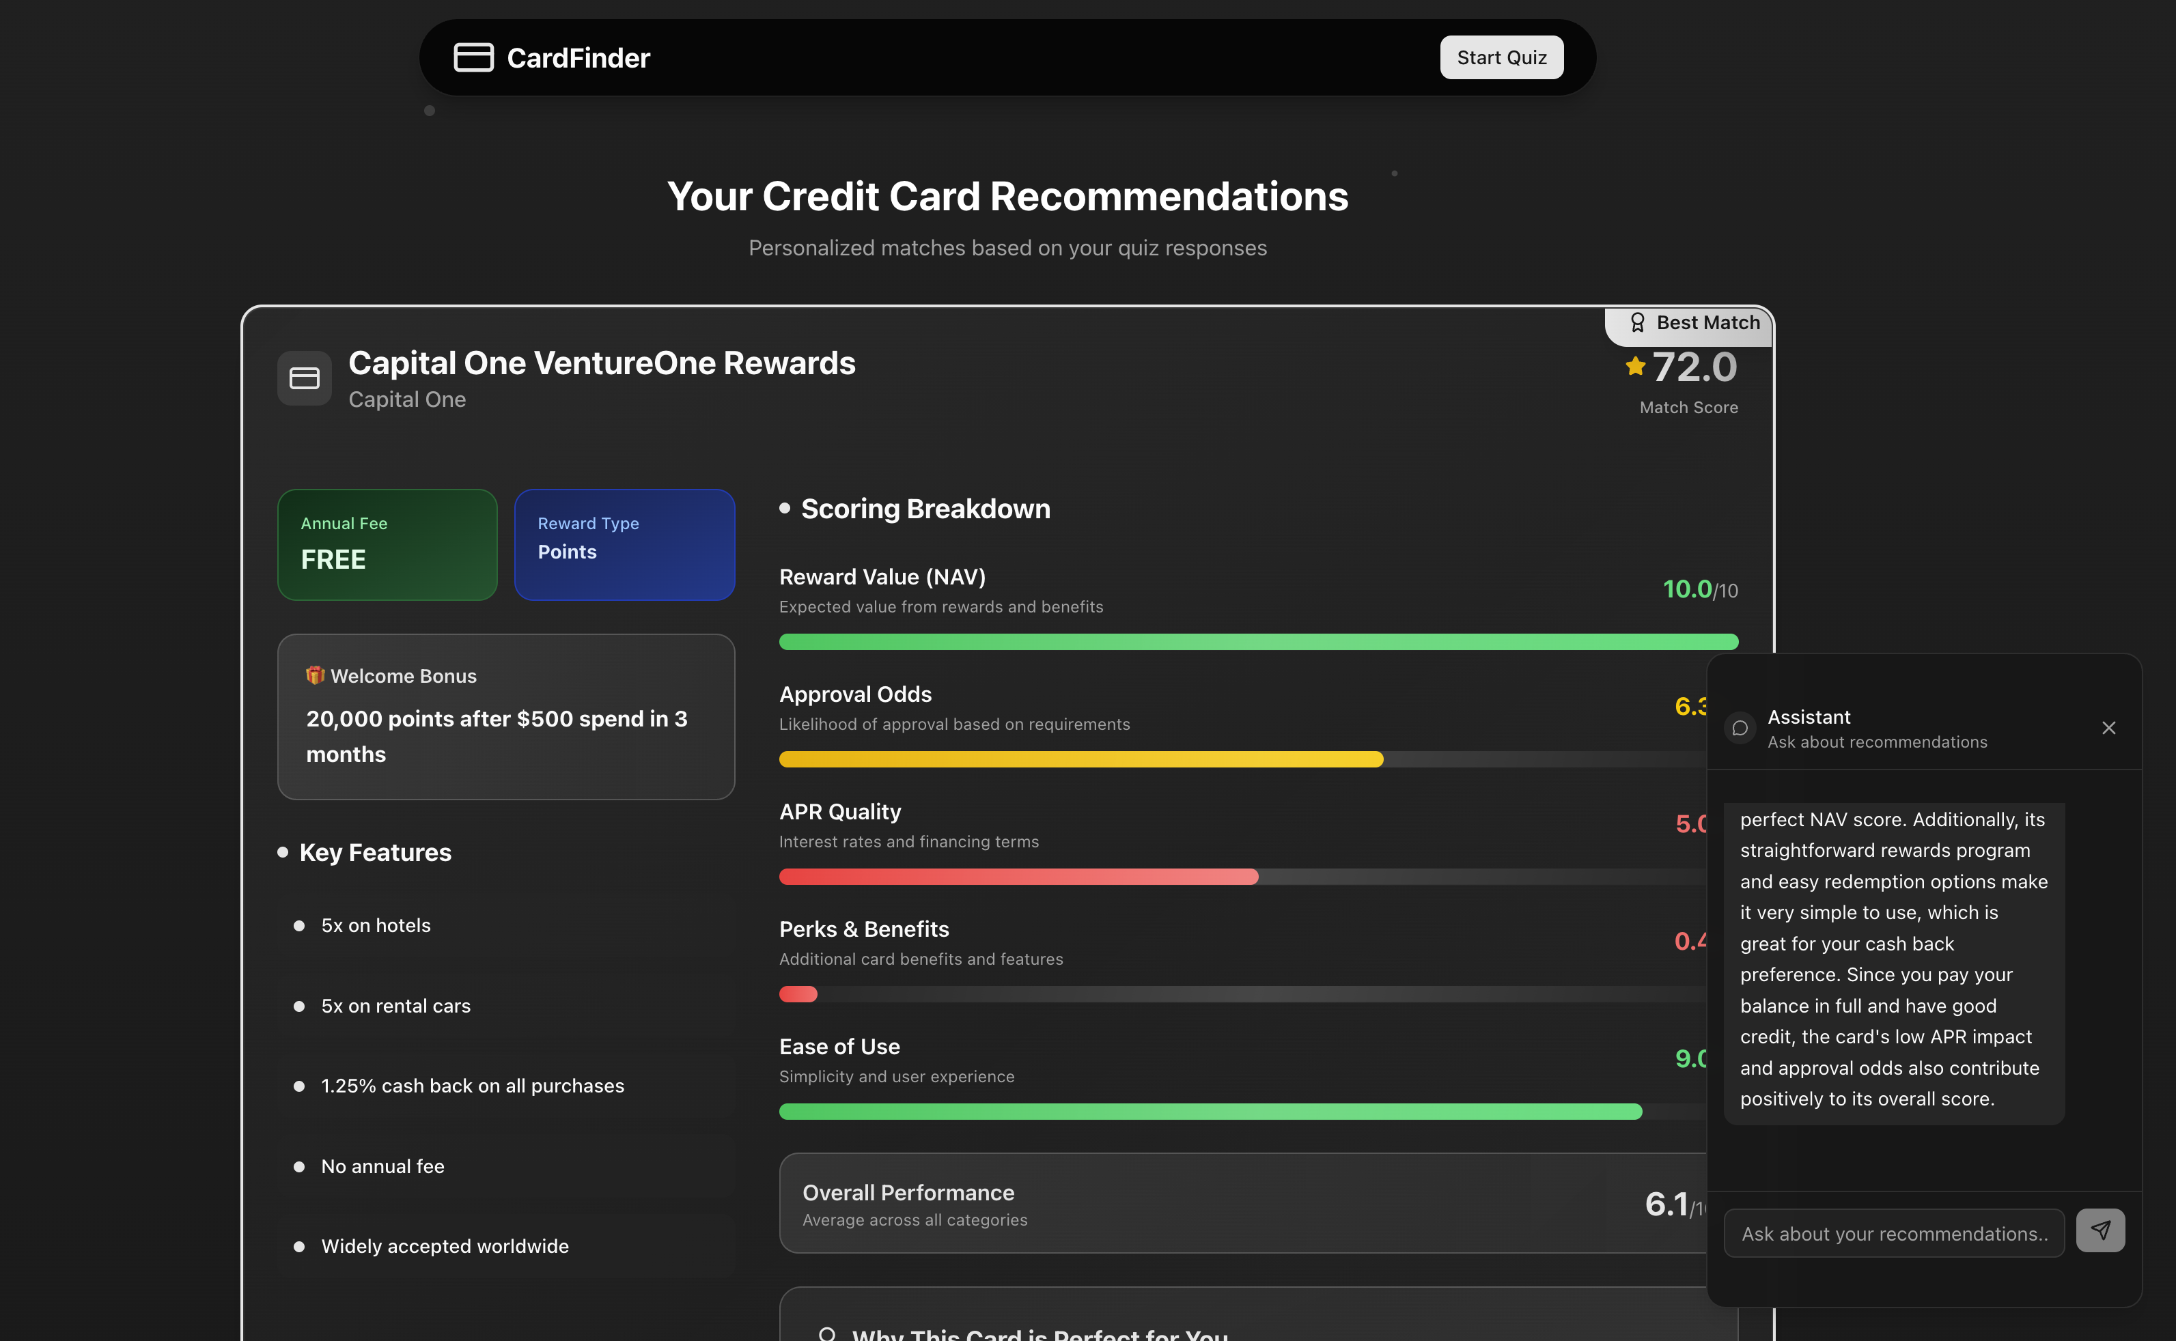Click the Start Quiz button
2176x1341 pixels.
pyautogui.click(x=1501, y=57)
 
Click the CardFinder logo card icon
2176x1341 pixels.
pyautogui.click(x=473, y=57)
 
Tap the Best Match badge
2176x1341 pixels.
pyautogui.click(x=1694, y=323)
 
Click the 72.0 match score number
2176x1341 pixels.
pyautogui.click(x=1694, y=367)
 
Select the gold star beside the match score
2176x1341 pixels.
pyautogui.click(x=1635, y=366)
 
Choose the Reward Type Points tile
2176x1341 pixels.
pyautogui.click(x=624, y=545)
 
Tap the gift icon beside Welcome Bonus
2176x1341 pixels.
pyautogui.click(x=314, y=676)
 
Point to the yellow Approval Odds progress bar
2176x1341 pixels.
pyautogui.click(x=1080, y=759)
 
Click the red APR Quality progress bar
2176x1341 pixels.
pyautogui.click(x=1018, y=876)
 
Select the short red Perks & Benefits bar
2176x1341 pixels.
pyautogui.click(x=798, y=994)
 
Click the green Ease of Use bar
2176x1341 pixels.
pyautogui.click(x=1210, y=1112)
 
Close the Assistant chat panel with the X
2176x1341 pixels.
pyautogui.click(x=2108, y=728)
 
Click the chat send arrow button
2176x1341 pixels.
pyautogui.click(x=2100, y=1230)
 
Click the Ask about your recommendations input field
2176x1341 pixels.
pyautogui.click(x=1893, y=1234)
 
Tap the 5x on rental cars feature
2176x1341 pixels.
pyautogui.click(x=395, y=1006)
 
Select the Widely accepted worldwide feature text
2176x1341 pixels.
pyautogui.click(x=445, y=1246)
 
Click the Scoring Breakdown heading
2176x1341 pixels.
pyautogui.click(x=925, y=509)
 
